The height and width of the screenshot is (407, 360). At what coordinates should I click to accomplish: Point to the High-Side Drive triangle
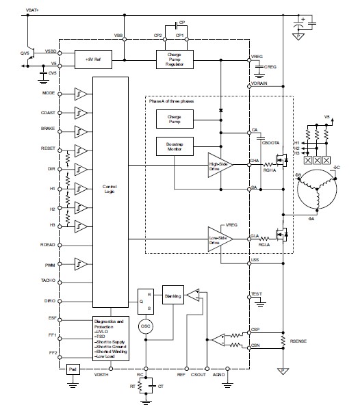pyautogui.click(x=219, y=164)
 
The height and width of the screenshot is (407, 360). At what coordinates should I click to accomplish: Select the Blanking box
pyautogui.click(x=172, y=296)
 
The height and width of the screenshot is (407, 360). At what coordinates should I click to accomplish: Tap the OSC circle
pyautogui.click(x=146, y=326)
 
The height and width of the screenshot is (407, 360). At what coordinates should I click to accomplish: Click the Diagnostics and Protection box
pyautogui.click(x=110, y=337)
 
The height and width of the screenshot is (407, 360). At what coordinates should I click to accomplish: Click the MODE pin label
pyautogui.click(x=48, y=93)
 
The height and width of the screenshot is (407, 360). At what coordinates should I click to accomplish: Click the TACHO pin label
pyautogui.click(x=47, y=280)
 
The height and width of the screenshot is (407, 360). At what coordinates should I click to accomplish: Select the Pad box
pyautogui.click(x=73, y=369)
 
